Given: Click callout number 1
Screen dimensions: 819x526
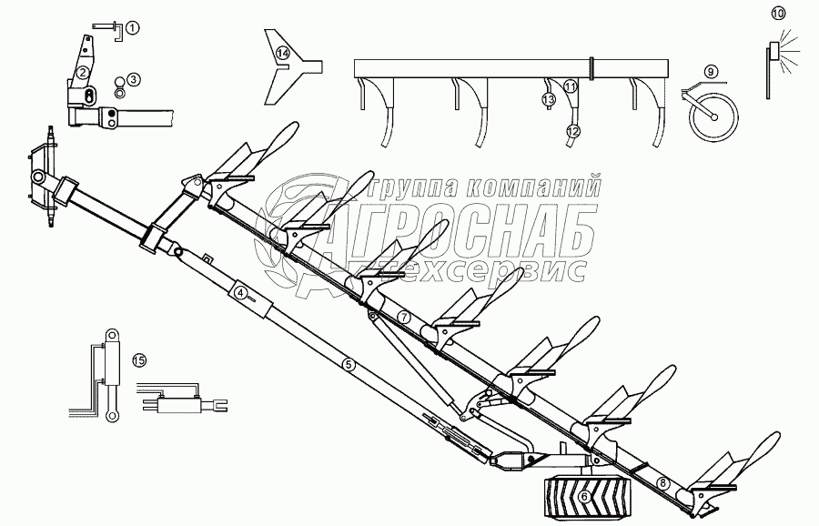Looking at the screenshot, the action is click(x=133, y=28).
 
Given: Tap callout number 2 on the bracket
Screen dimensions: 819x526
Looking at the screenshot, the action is click(x=83, y=73).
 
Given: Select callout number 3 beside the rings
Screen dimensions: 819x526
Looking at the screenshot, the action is click(x=133, y=79).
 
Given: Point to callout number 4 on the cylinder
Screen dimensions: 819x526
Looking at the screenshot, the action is click(x=240, y=293).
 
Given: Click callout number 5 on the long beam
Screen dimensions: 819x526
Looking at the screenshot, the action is click(x=348, y=364).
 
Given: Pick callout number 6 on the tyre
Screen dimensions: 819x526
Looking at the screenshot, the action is click(x=582, y=496).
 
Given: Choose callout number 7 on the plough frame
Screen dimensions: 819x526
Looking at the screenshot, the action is click(x=404, y=317).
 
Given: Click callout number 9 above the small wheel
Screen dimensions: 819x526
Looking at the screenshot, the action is click(x=710, y=72).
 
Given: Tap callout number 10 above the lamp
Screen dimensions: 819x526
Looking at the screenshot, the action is click(x=777, y=13).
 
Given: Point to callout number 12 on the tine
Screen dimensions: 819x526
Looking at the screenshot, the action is click(x=571, y=132).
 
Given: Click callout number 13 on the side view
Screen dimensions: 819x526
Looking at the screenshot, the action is click(x=549, y=98).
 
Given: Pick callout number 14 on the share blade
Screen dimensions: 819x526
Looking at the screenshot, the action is click(x=283, y=54).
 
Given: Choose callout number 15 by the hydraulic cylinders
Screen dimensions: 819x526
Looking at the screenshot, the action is click(x=138, y=360).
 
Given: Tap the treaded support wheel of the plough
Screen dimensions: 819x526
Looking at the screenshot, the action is click(x=582, y=496).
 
